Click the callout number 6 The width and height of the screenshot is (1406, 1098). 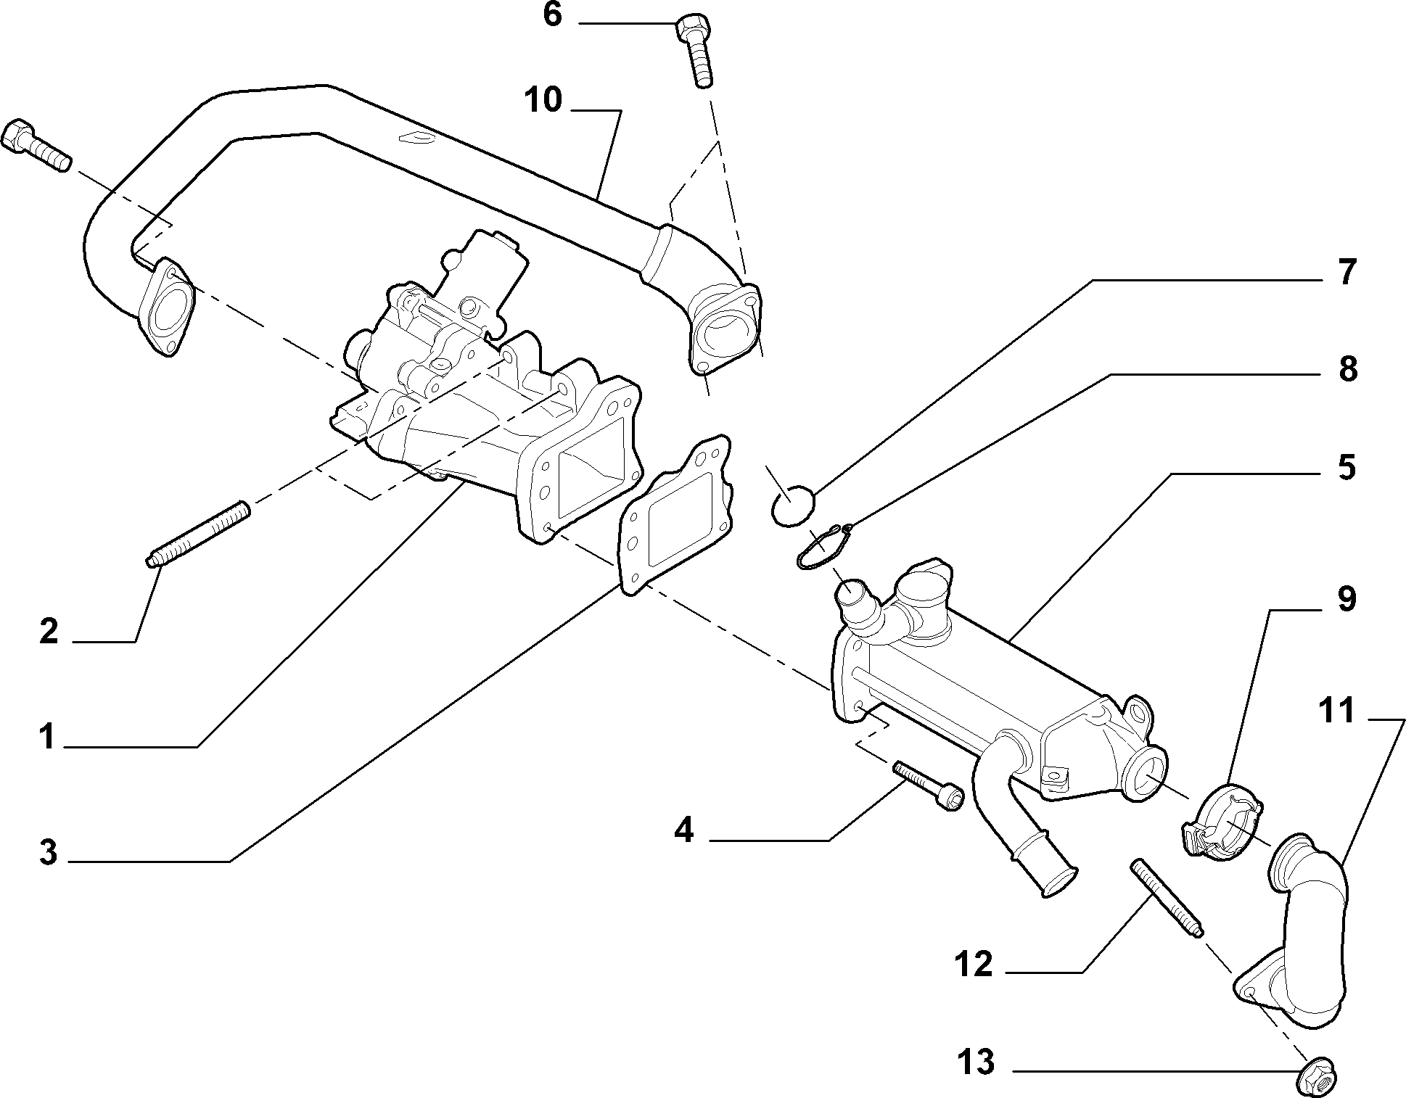(552, 15)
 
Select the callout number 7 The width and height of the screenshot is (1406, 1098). (1347, 273)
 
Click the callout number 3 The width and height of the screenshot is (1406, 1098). (48, 853)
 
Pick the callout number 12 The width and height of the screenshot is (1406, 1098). (973, 964)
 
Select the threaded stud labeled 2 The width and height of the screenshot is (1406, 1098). (198, 533)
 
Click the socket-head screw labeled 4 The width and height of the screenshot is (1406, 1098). (929, 785)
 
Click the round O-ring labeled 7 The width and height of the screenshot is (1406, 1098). (792, 505)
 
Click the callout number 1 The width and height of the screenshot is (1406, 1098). (47, 738)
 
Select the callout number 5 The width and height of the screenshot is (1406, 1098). (1347, 467)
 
